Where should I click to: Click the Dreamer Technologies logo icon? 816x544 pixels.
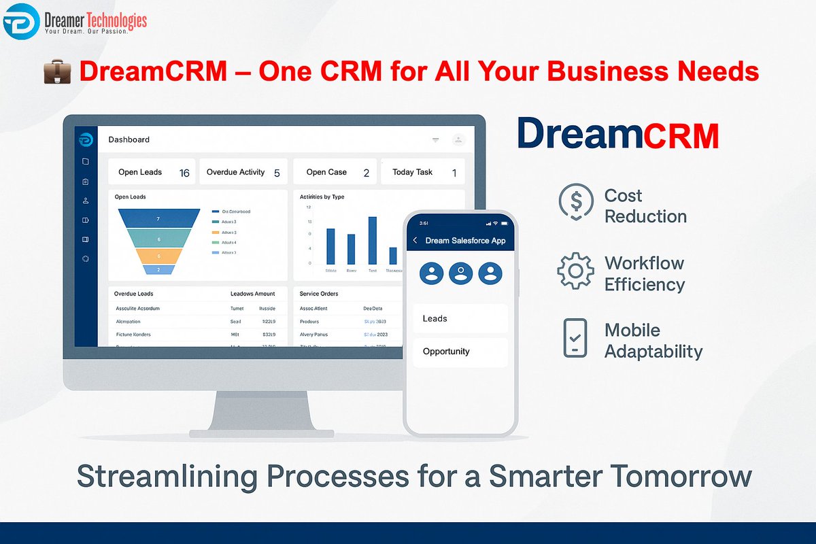(21, 21)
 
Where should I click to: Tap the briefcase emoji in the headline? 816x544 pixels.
(57, 72)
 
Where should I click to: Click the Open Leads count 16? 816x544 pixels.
(184, 173)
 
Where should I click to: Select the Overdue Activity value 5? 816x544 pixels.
(277, 173)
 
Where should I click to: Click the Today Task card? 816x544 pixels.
(422, 172)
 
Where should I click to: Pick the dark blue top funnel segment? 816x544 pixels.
(158, 218)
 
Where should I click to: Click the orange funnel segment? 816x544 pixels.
(158, 256)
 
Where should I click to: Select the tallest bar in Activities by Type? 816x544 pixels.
(373, 240)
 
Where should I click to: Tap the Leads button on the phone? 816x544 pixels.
(460, 318)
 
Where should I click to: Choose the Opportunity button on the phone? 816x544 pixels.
(460, 352)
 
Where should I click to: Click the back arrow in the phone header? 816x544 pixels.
(415, 241)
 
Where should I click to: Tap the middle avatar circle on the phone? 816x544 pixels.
(460, 273)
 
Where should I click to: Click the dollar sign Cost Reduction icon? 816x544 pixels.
(575, 202)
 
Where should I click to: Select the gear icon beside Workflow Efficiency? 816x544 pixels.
(575, 271)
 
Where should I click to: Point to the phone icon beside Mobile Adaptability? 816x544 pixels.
(575, 338)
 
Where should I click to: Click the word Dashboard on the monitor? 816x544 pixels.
(129, 139)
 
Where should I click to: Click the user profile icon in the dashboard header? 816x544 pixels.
(458, 139)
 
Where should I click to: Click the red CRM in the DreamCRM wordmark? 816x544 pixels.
(681, 135)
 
